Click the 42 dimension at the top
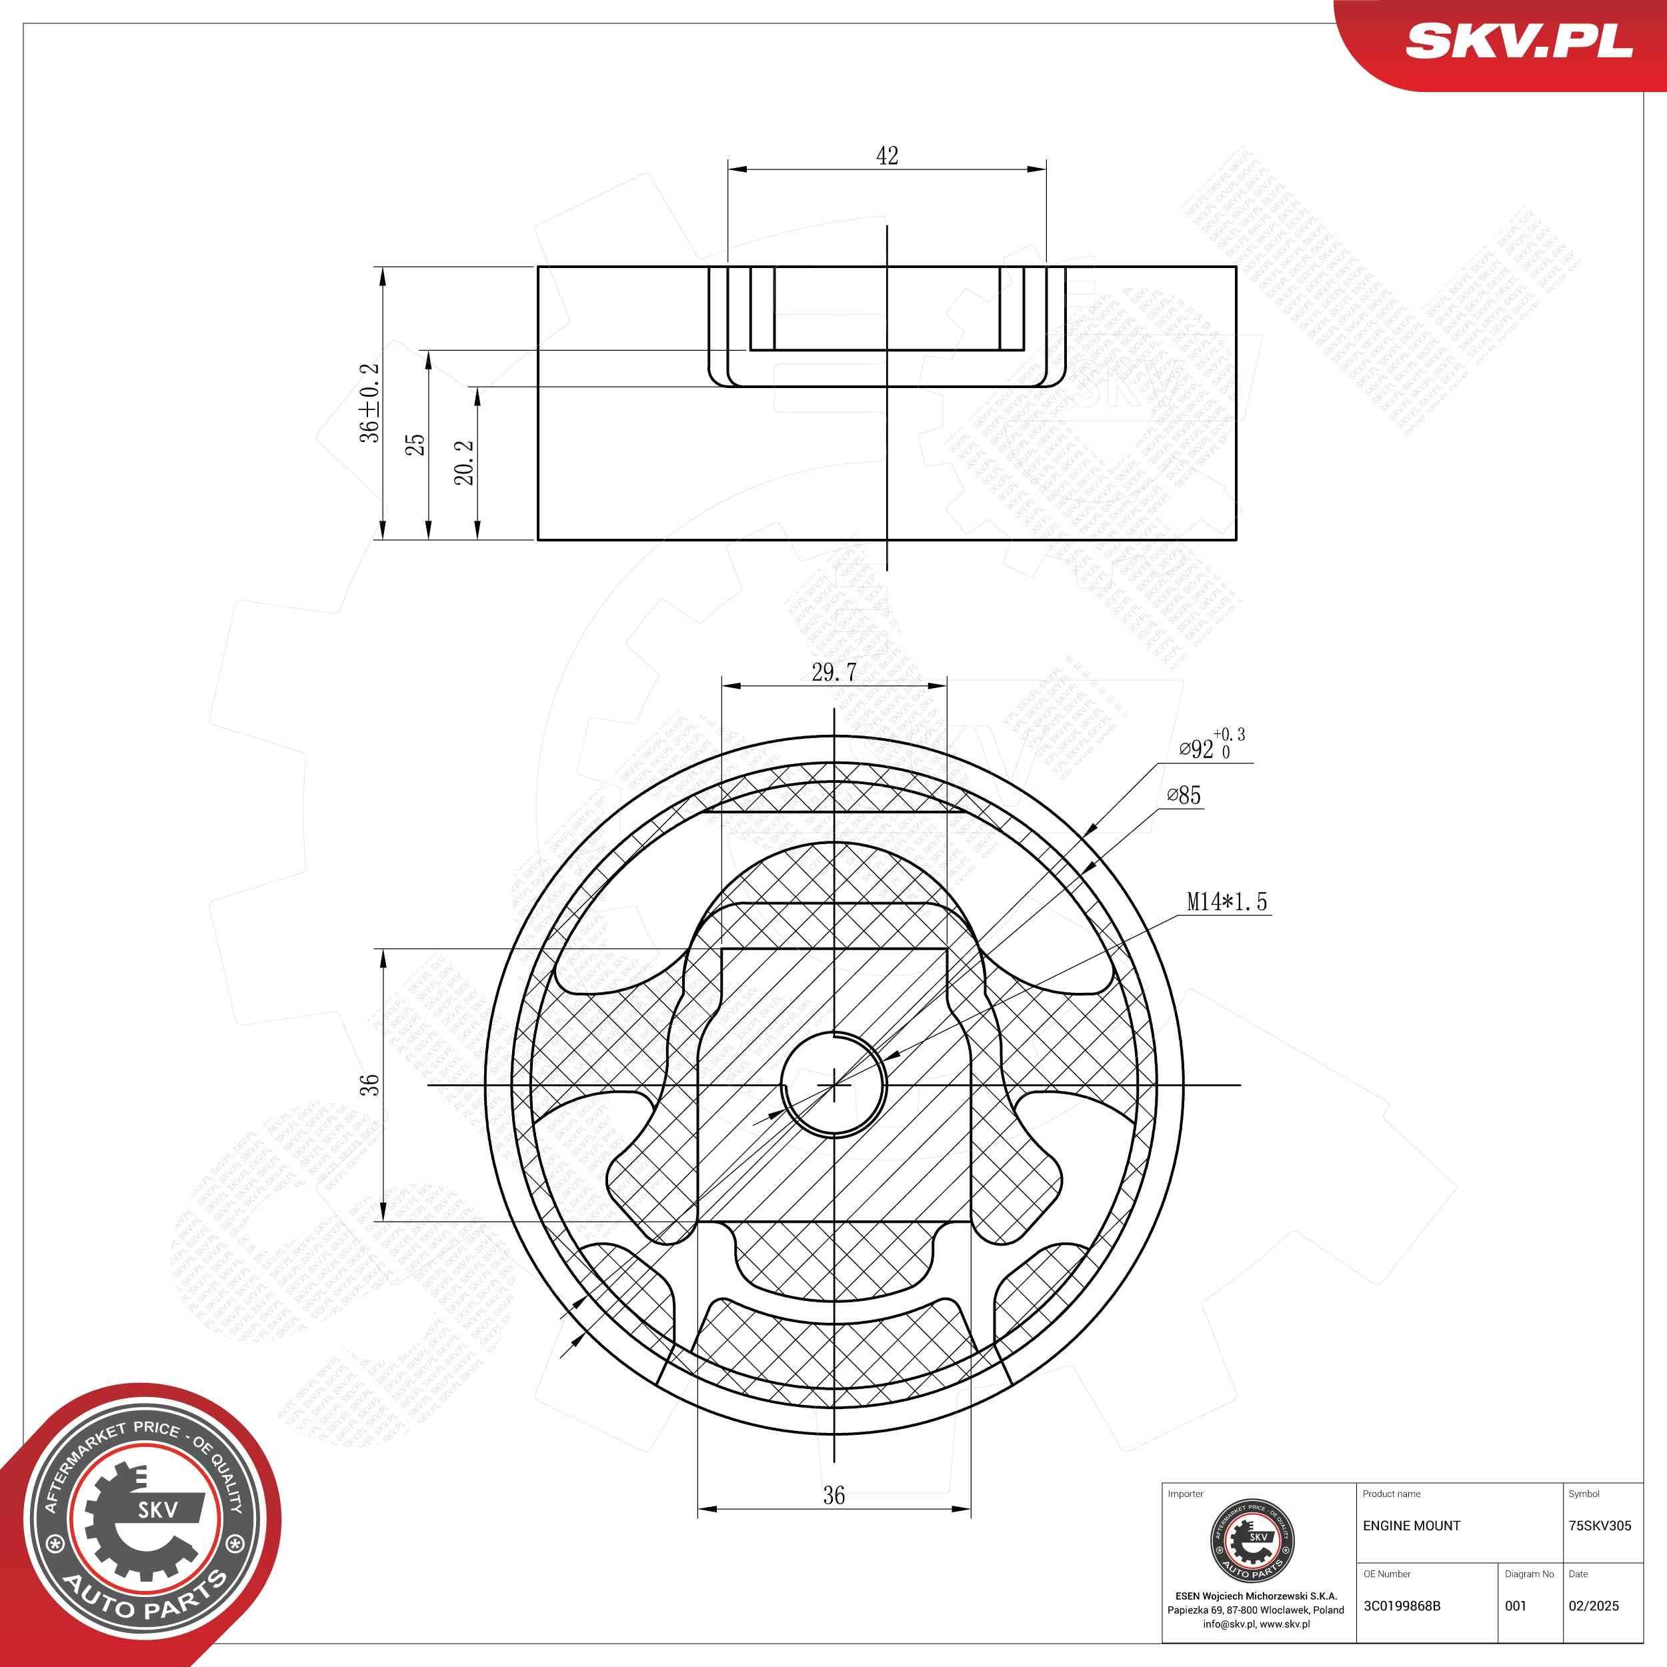tap(887, 156)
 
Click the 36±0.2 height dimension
tap(370, 403)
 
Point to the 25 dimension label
tap(416, 444)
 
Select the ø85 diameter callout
tap(1183, 795)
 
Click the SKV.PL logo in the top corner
tap(1518, 41)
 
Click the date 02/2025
tap(1593, 1606)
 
